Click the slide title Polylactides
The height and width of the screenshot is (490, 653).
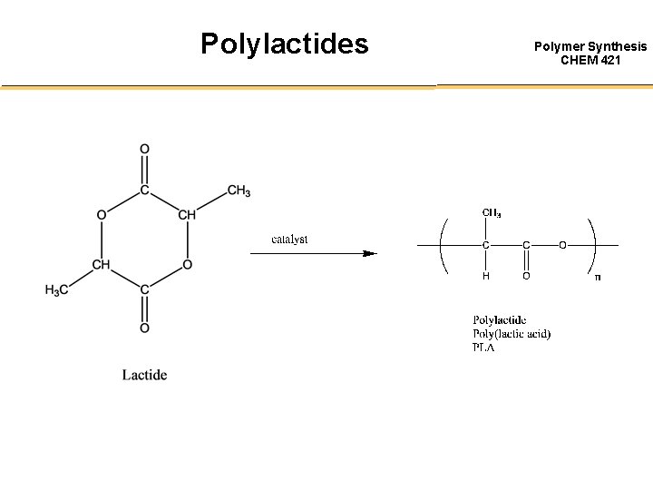click(x=284, y=43)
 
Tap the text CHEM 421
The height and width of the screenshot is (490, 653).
click(x=590, y=60)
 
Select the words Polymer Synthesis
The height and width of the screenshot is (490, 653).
click(x=590, y=45)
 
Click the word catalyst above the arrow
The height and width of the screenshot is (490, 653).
click(x=289, y=240)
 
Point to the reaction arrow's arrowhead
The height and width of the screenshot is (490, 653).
click(x=369, y=254)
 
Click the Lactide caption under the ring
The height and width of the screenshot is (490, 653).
click(x=145, y=375)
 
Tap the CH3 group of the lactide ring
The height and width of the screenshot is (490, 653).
click(x=239, y=191)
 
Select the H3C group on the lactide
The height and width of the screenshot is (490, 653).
click(x=57, y=290)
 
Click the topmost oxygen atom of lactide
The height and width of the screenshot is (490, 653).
click(x=144, y=149)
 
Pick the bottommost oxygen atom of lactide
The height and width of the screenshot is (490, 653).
click(x=144, y=328)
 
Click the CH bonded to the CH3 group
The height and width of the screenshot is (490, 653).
click(x=187, y=215)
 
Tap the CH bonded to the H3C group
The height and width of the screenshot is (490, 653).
click(x=102, y=265)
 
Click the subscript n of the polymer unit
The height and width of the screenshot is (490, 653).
click(x=597, y=277)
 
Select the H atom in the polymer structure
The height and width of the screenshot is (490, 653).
click(x=485, y=276)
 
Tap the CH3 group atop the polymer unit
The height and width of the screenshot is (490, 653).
click(x=492, y=213)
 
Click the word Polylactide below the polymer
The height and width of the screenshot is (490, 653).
click(x=499, y=320)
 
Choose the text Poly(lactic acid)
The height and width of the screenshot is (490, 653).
click(x=512, y=334)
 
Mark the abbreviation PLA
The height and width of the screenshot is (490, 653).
click(x=483, y=348)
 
